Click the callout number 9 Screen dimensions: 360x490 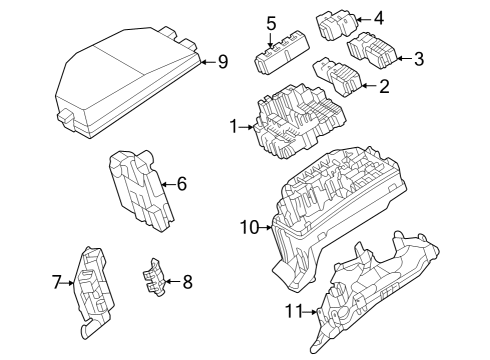point(222,62)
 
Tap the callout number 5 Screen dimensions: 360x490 point(270,22)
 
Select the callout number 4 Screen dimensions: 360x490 point(377,18)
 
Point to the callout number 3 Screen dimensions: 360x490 point(418,59)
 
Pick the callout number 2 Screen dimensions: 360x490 point(382,87)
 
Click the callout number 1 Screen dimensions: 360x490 point(234,127)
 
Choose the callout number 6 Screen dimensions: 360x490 point(181,184)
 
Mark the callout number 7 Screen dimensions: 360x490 point(56,283)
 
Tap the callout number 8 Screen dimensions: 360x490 point(187,282)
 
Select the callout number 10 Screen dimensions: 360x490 point(249,228)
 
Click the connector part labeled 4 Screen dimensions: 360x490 point(335,23)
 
